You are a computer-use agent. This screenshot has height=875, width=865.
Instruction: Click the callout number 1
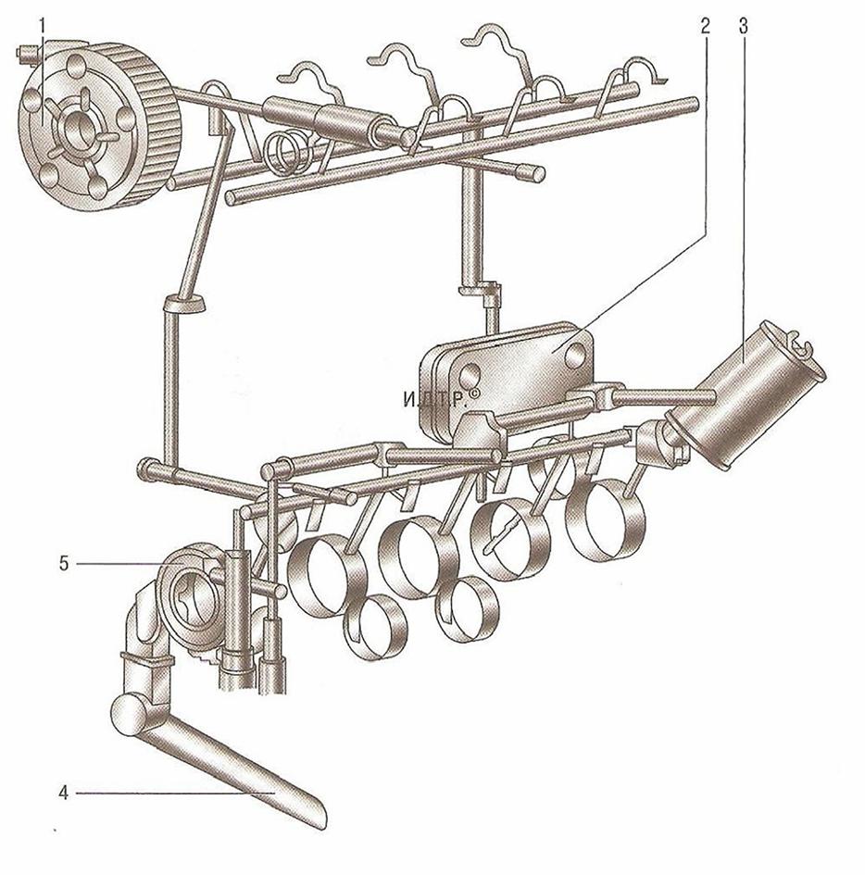pyautogui.click(x=42, y=26)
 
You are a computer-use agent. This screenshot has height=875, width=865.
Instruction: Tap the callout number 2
pyautogui.click(x=706, y=26)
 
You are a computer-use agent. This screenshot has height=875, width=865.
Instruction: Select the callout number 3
pyautogui.click(x=743, y=26)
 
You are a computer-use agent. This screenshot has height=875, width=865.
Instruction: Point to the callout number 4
pyautogui.click(x=64, y=793)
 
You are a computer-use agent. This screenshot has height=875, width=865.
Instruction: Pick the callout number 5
pyautogui.click(x=64, y=564)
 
